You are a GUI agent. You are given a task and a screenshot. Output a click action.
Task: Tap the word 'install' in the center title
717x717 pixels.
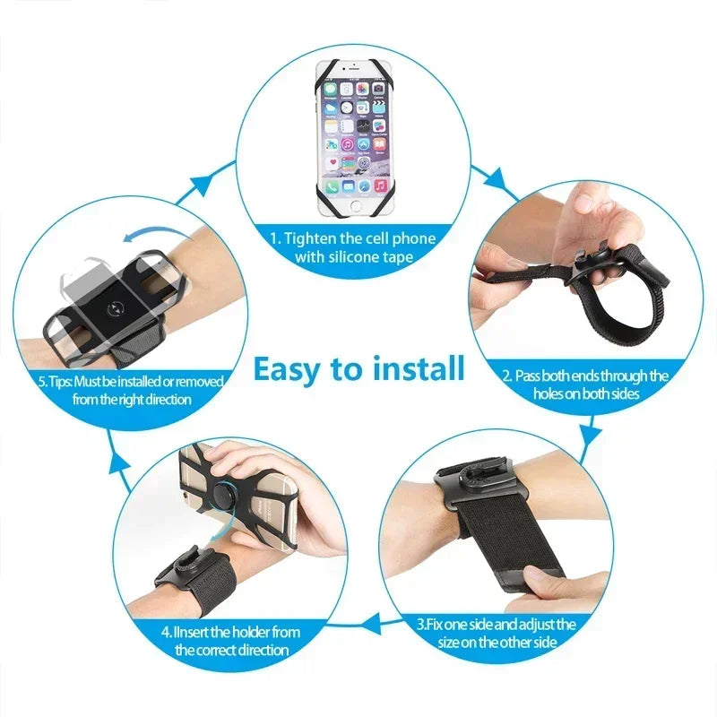[x=413, y=367]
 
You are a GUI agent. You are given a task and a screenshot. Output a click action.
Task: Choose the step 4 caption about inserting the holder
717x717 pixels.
[x=230, y=641]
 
